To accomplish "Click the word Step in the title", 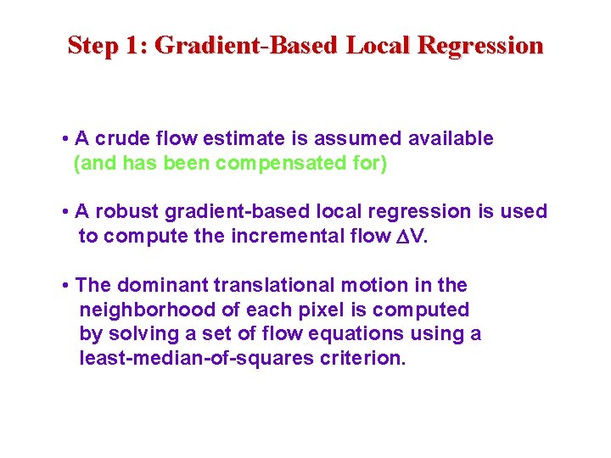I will (x=92, y=45).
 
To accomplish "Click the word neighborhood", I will (x=141, y=310).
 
